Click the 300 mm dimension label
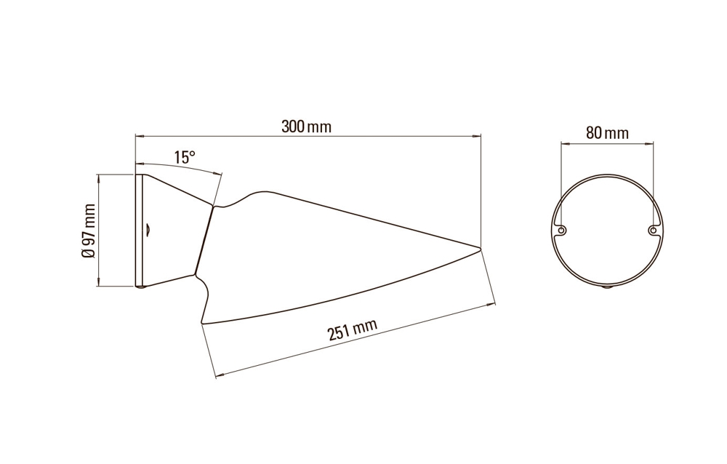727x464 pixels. [307, 127]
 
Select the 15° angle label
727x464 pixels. [185, 157]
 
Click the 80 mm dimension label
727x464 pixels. [607, 133]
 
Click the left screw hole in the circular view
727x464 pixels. [561, 230]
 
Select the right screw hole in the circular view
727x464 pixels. [653, 230]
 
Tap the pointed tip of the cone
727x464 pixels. [481, 248]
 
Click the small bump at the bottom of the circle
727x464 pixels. [607, 288]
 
